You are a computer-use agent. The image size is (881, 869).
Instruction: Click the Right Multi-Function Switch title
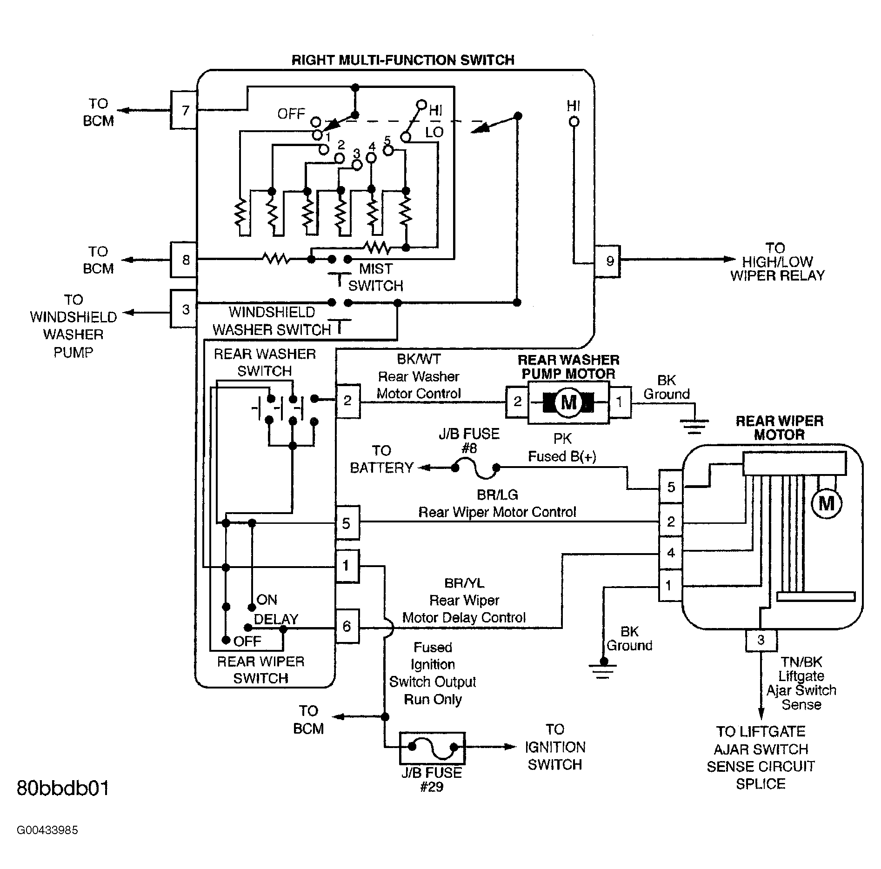(403, 60)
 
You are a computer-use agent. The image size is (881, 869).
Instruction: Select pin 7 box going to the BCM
(185, 110)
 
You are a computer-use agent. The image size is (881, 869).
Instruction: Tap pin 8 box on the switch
(185, 260)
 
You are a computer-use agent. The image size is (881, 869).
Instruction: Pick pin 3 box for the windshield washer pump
(185, 309)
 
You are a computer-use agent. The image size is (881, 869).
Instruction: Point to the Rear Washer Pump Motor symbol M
(568, 402)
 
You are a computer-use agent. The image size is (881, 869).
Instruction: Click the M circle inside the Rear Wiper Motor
(827, 503)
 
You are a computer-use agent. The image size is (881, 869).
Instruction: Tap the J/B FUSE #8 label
(469, 441)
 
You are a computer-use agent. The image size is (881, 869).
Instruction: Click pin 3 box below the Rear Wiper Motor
(761, 640)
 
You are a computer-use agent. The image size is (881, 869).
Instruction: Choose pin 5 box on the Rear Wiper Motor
(671, 487)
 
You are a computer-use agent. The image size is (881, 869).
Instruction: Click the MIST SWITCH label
(376, 277)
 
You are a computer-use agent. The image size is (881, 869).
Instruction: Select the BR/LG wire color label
(497, 495)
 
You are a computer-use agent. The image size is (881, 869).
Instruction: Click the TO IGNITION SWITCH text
(555, 747)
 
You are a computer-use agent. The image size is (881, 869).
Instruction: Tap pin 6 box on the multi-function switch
(347, 626)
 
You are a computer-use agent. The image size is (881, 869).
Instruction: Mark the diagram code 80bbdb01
(63, 788)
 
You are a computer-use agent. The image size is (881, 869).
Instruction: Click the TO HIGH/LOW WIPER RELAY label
(777, 261)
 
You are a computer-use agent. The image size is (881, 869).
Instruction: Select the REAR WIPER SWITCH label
(260, 669)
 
